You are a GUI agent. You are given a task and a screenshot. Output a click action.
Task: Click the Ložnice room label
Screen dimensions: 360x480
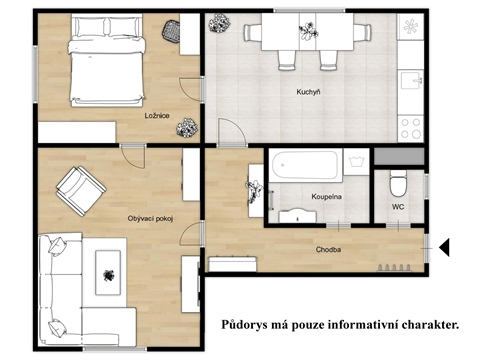click(x=156, y=116)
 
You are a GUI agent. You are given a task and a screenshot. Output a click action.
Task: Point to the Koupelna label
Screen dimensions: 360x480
click(x=329, y=196)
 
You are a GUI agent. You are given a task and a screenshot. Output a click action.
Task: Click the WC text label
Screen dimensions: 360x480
click(x=398, y=207)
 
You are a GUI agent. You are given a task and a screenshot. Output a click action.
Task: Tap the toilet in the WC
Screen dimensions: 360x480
click(x=398, y=182)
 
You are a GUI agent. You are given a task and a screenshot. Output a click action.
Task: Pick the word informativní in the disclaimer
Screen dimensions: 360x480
click(x=348, y=325)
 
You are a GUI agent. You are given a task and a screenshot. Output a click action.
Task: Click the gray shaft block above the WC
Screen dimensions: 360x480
click(x=397, y=155)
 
